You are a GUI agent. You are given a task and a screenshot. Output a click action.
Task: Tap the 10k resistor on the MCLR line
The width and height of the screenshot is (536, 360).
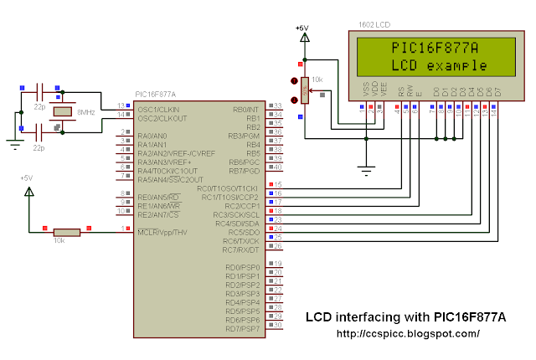click(x=67, y=230)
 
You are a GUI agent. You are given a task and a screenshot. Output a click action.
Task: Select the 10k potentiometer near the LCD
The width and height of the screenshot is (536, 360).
click(x=304, y=90)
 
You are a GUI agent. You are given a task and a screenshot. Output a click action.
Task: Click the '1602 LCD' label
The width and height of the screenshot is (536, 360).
click(x=374, y=24)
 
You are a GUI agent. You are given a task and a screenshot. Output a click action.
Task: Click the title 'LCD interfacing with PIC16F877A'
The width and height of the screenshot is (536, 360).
click(x=406, y=317)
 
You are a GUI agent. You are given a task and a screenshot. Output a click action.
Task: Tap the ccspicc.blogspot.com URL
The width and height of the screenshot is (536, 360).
click(x=407, y=333)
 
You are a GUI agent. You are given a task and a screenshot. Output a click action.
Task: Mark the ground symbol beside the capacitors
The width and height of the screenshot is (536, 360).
click(x=14, y=142)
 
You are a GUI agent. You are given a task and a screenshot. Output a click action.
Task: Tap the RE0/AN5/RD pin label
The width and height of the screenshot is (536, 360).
click(x=157, y=195)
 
